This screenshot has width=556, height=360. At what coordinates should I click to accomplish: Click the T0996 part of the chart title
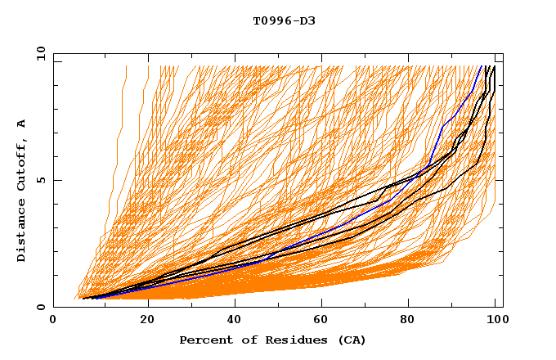click(268, 20)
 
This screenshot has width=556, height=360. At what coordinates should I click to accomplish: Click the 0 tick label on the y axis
click(40, 308)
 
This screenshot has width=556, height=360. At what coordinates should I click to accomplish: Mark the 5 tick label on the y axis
click(40, 180)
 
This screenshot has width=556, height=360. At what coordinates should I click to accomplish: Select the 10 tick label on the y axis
click(38, 53)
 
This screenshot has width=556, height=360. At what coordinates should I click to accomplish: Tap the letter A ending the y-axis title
click(22, 124)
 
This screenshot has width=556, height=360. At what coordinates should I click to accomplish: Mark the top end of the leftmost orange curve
click(126, 66)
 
